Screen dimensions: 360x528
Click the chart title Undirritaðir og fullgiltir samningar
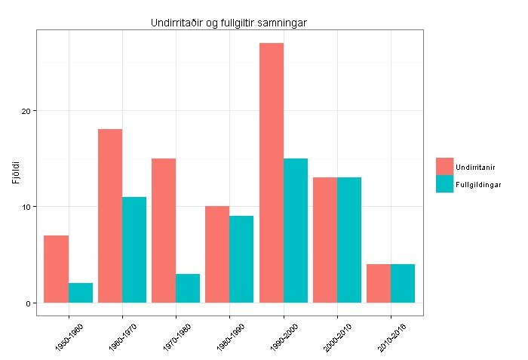pyautogui.click(x=229, y=24)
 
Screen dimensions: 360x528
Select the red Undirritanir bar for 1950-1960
pyautogui.click(x=57, y=269)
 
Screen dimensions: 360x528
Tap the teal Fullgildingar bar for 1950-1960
pyautogui.click(x=81, y=293)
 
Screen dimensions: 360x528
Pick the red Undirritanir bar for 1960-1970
pyautogui.click(x=110, y=216)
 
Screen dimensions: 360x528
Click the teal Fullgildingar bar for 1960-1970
pyautogui.click(x=134, y=250)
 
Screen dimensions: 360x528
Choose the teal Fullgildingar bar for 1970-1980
pyautogui.click(x=188, y=288)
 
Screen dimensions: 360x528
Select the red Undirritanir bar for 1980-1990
pyautogui.click(x=217, y=254)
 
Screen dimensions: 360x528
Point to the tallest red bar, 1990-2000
pyautogui.click(x=272, y=173)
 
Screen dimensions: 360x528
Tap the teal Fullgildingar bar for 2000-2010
pyautogui.click(x=349, y=240)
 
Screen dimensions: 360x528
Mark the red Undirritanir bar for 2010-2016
pyautogui.click(x=379, y=283)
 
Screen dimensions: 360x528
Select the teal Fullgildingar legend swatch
pyautogui.click(x=444, y=184)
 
